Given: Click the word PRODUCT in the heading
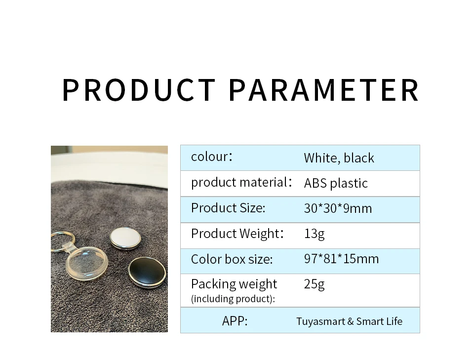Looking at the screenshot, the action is click(139, 90).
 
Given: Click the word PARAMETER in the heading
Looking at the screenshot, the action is click(324, 90).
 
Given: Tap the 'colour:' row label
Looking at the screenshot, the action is click(212, 157).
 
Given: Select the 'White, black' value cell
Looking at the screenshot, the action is click(339, 158).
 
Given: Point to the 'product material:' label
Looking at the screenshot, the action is click(241, 183).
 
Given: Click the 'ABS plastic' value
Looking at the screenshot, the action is click(336, 183).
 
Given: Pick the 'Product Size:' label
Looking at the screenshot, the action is click(228, 208).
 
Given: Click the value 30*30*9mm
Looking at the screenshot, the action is click(338, 208).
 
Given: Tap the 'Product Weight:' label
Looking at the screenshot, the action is click(237, 234).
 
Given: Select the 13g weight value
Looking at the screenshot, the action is click(314, 234).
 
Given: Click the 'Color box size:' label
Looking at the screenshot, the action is click(232, 259).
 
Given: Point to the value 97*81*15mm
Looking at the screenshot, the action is click(341, 259).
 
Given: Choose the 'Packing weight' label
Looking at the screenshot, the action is click(234, 284).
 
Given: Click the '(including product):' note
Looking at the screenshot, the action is click(233, 299).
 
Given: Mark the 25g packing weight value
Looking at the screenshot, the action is click(314, 284).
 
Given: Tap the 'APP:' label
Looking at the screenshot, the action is click(235, 321).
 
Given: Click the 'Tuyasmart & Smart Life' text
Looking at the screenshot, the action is click(349, 321).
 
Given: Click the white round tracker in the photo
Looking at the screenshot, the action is click(125, 238).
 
